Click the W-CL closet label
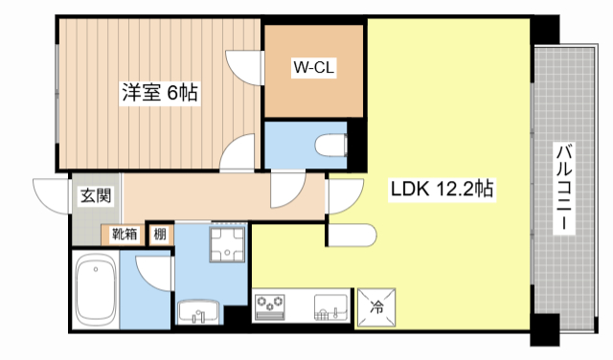[313, 68]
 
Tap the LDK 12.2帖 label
[441, 189]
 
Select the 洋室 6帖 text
[159, 93]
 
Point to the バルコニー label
[564, 188]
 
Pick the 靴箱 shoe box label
[125, 234]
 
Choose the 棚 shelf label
[161, 234]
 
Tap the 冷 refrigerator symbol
[376, 307]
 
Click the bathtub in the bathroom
[96, 290]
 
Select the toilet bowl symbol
[330, 145]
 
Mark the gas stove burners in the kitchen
[271, 307]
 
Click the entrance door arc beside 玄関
[48, 195]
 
